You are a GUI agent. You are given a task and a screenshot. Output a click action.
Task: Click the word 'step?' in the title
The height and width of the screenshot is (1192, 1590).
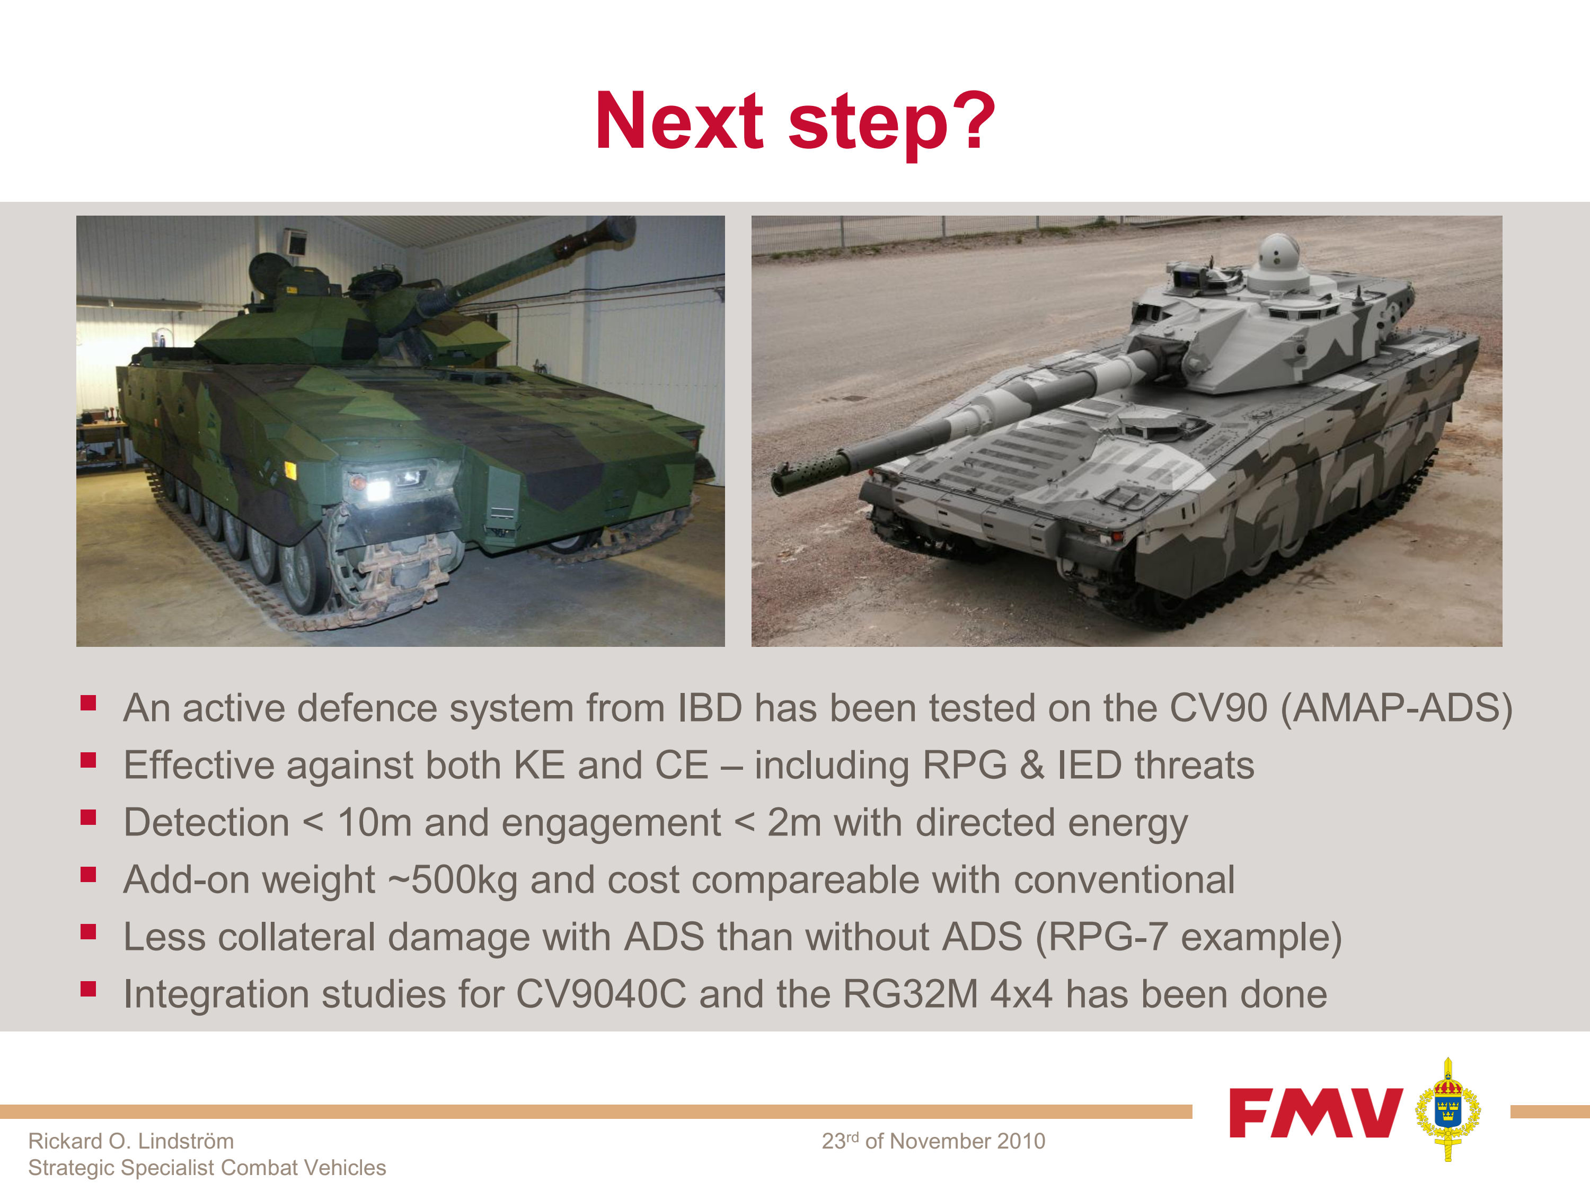tap(891, 123)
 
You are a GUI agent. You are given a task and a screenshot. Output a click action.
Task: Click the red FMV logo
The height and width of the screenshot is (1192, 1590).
tap(1315, 1112)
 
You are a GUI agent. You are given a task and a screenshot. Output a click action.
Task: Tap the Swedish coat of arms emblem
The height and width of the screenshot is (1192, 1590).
tap(1447, 1109)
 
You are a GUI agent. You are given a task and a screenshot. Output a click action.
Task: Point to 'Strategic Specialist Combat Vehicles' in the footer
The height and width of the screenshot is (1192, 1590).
tap(207, 1168)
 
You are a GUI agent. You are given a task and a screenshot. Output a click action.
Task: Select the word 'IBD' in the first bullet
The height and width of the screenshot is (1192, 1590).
tap(710, 708)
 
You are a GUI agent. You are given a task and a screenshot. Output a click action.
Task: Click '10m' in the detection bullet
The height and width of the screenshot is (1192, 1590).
tap(375, 823)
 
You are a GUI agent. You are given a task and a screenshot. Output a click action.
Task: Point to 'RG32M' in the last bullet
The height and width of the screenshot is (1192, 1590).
tap(910, 994)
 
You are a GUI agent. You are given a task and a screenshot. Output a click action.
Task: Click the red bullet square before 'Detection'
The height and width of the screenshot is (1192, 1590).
tap(89, 817)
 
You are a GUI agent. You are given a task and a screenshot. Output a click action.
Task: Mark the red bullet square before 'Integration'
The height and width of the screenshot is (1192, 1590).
tap(89, 990)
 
